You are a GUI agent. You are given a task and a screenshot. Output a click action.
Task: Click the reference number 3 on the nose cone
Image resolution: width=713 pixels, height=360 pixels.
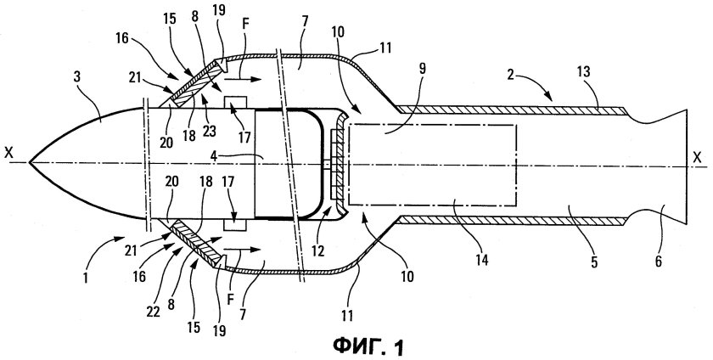77,76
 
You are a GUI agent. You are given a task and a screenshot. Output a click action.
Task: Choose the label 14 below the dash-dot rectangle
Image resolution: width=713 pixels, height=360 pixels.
482,260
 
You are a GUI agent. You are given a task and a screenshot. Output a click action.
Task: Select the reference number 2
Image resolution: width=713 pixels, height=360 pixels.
511,74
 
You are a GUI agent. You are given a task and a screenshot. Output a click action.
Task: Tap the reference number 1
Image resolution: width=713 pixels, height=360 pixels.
86,277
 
